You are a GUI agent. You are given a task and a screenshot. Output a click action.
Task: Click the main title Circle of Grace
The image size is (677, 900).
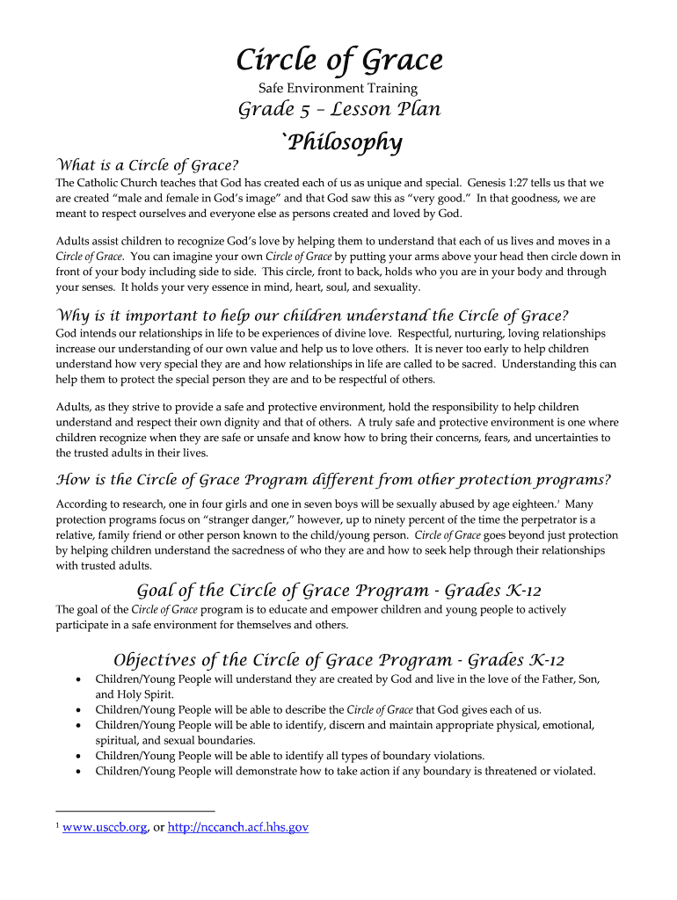coord(338,61)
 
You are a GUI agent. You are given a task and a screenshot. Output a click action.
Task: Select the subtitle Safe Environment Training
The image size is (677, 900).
coord(338,88)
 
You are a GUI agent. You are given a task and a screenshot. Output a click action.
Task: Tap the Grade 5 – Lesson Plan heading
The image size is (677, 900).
coord(339,110)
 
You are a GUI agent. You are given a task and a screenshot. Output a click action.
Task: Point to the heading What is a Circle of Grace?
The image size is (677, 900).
coord(148,165)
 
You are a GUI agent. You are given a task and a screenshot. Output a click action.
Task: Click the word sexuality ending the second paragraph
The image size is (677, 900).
coord(393,287)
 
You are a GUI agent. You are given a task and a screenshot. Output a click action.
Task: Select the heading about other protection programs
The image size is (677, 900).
coord(333,480)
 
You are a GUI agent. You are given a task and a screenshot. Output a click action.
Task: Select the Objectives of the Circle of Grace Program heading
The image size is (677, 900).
coord(339,660)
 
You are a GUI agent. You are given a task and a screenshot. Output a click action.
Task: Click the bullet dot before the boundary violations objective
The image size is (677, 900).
coord(81,756)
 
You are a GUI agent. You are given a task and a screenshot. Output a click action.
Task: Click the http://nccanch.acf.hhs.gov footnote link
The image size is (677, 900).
coord(238,827)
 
